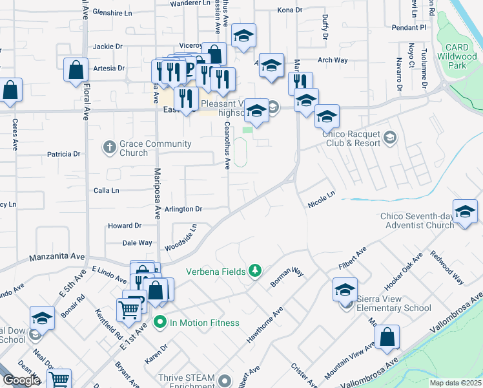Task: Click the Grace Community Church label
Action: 156,148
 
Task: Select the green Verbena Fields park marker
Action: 256,270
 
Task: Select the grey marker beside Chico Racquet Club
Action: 389,137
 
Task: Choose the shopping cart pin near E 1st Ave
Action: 128,310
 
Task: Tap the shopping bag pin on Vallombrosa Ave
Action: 387,337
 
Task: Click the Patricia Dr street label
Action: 63,155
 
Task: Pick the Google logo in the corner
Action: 21,380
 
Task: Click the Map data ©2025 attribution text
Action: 456,383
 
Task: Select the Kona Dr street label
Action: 289,10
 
